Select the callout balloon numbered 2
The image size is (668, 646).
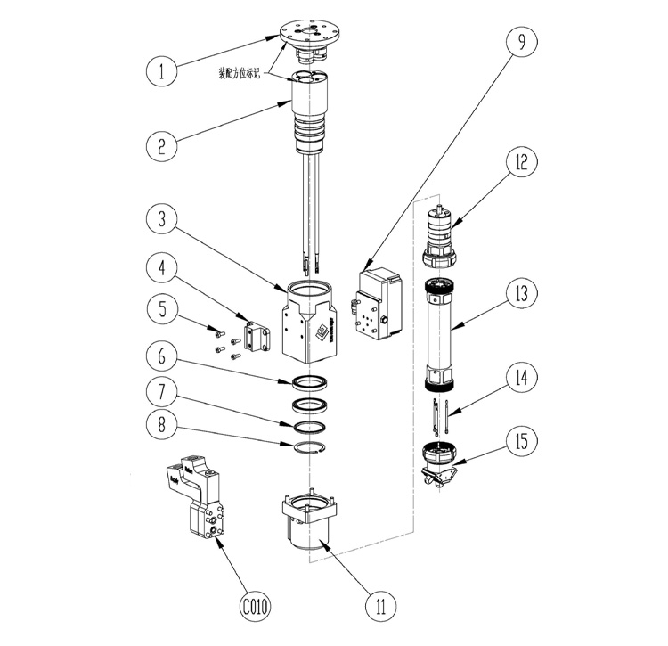point(161,144)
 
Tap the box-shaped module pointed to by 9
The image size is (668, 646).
point(379,306)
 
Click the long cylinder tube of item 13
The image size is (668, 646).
point(443,334)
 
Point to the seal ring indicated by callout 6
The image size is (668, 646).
point(308,382)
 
